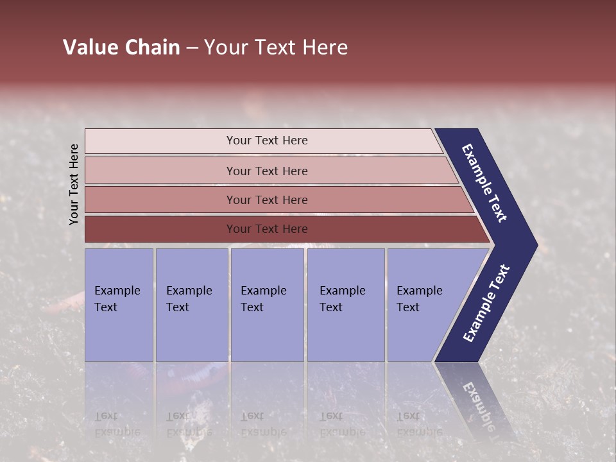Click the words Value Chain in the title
click(x=121, y=47)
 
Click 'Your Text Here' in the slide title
click(x=276, y=47)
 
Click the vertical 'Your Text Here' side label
click(x=74, y=184)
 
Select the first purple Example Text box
click(x=119, y=305)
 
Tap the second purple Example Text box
click(x=191, y=305)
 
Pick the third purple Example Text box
click(x=267, y=305)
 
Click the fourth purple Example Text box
click(x=345, y=305)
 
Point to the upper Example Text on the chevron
click(x=484, y=183)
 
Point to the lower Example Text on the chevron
click(x=486, y=304)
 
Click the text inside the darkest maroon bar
click(x=267, y=229)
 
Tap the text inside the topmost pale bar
click(x=267, y=141)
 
